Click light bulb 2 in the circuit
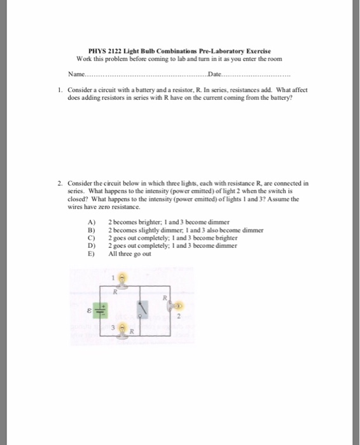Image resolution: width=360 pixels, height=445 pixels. [179, 305]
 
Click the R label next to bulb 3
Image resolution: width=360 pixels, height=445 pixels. [132, 332]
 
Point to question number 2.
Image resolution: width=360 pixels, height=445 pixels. [59, 183]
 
